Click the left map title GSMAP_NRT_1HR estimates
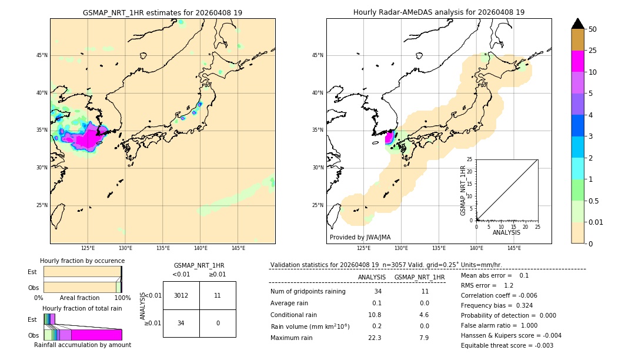click(x=162, y=12)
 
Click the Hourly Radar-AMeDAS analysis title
click(x=439, y=12)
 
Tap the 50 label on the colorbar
click(x=593, y=29)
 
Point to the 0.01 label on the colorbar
click(x=596, y=222)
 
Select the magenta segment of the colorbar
click(x=577, y=61)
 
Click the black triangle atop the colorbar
click(x=577, y=24)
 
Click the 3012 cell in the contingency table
click(x=181, y=295)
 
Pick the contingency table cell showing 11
click(x=218, y=295)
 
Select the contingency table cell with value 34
click(x=181, y=323)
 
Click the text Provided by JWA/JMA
click(x=360, y=237)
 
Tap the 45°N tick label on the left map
click(x=42, y=55)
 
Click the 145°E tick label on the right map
click(x=514, y=248)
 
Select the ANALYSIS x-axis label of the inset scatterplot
click(x=506, y=232)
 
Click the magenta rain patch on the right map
click(x=389, y=138)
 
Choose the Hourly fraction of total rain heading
click(x=82, y=309)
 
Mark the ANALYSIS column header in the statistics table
click(x=372, y=277)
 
